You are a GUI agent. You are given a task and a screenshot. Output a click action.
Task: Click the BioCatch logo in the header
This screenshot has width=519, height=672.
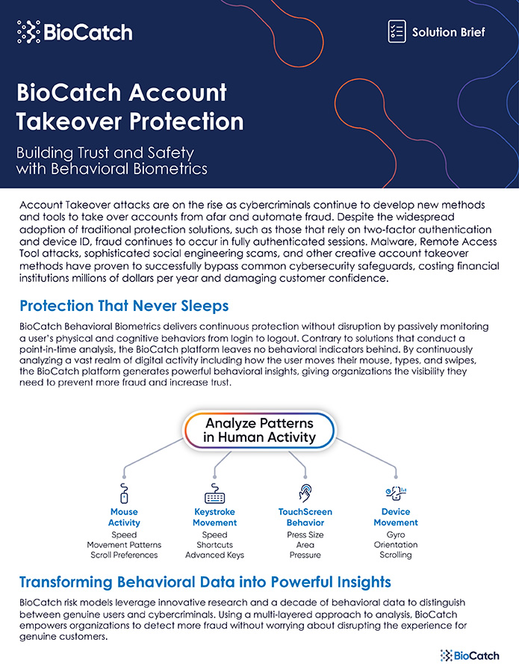tap(75, 32)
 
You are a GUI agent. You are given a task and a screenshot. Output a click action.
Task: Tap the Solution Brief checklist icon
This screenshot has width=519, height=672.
tap(397, 31)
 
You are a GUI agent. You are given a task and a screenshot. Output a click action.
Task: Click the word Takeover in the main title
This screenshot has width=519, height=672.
tap(69, 121)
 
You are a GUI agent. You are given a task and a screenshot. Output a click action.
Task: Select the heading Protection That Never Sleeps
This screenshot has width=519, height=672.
tap(124, 306)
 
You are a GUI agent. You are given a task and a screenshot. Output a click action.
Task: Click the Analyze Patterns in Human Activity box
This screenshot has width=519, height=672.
tap(260, 431)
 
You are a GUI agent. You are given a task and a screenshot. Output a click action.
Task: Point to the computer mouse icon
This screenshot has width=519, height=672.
tap(124, 493)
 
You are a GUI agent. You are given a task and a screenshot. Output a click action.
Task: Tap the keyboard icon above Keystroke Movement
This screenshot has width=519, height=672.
tap(214, 493)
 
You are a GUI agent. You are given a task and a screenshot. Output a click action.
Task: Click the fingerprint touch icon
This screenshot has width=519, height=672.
tap(305, 493)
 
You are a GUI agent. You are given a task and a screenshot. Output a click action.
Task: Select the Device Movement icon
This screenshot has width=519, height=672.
tap(396, 493)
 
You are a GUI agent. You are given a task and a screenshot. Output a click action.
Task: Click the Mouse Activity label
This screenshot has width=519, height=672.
tap(124, 517)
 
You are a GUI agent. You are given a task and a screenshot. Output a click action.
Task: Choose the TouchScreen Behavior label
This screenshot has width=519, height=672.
tap(305, 517)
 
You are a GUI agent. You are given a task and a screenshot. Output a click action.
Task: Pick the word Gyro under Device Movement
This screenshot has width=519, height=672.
tap(396, 535)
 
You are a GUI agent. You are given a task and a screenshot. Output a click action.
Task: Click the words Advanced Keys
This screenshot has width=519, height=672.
tap(214, 555)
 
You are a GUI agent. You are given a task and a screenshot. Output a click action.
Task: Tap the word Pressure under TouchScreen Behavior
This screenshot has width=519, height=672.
tap(305, 555)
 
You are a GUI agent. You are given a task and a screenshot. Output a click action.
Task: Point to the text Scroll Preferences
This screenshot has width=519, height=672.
tap(124, 555)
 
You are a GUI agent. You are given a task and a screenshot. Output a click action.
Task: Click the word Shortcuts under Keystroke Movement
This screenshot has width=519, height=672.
tap(214, 545)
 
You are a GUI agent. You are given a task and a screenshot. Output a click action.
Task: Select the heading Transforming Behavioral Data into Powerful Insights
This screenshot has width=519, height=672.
tap(205, 582)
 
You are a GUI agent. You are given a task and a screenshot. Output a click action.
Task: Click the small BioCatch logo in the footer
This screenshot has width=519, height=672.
tap(470, 656)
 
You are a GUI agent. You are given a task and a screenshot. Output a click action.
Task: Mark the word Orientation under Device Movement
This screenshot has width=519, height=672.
tap(396, 545)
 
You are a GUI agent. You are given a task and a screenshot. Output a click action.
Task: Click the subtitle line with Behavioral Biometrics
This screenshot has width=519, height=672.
tap(112, 168)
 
